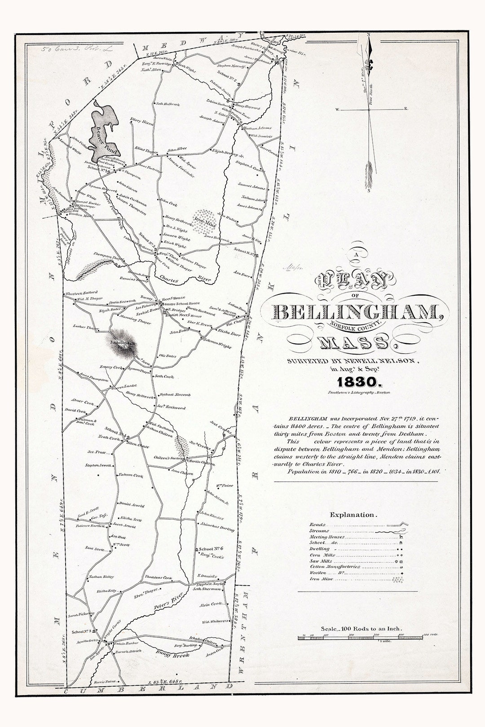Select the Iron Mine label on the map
(203, 220)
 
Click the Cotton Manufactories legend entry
(335, 567)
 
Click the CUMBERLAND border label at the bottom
(149, 691)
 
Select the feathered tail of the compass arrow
(369, 175)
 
